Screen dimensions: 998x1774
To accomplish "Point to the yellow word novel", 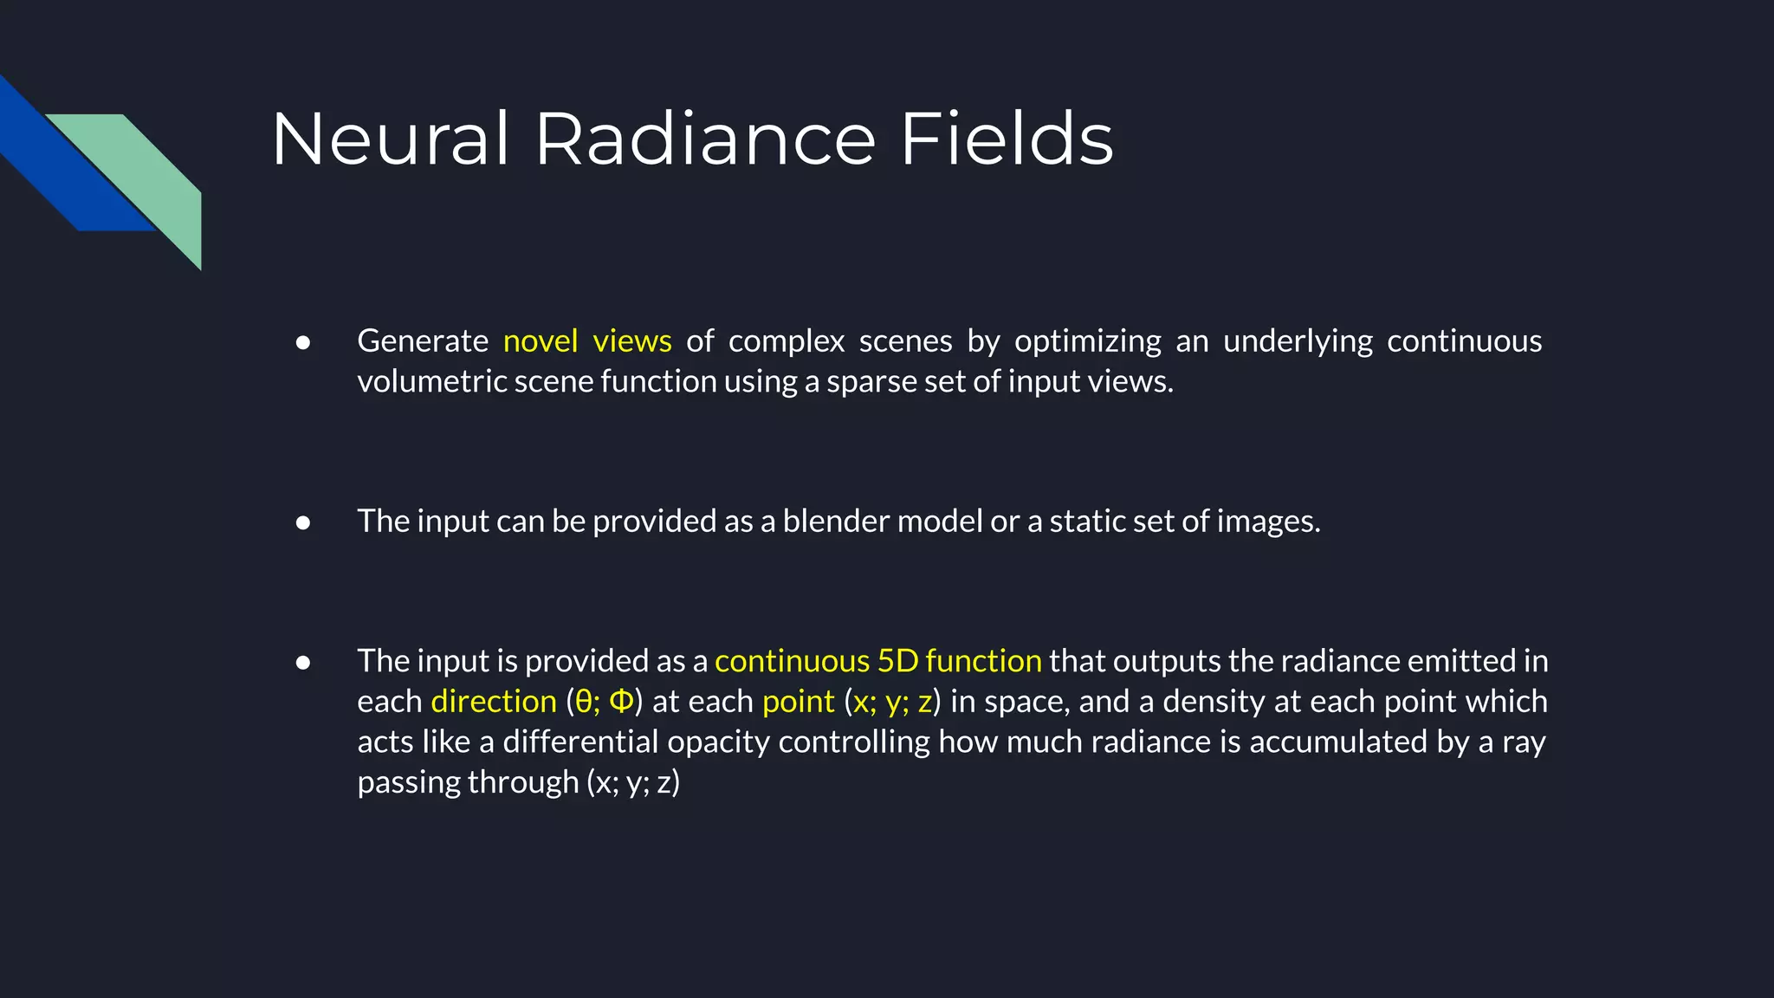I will [541, 341].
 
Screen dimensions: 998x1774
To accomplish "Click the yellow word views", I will [632, 341].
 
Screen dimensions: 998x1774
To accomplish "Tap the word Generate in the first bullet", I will [423, 341].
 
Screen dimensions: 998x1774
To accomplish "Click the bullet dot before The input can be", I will [303, 522].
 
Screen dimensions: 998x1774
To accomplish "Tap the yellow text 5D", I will [897, 661].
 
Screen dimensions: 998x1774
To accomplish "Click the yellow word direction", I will [494, 702].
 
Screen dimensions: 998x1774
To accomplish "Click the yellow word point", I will [798, 702].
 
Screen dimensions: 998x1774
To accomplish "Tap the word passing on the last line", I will [409, 783].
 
